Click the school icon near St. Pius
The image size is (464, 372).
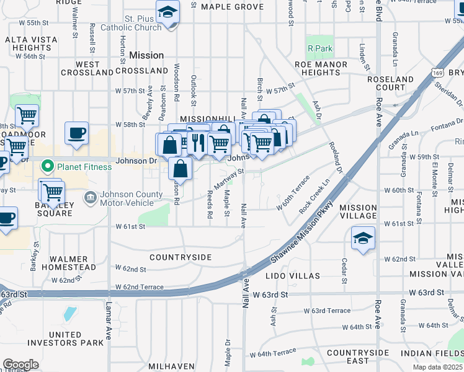(167, 13)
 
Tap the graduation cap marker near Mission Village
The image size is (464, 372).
(363, 239)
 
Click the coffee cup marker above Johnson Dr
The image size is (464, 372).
(77, 133)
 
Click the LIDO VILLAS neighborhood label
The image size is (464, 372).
(293, 275)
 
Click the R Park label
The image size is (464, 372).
(320, 48)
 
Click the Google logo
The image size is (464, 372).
(20, 364)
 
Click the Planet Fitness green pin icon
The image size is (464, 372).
(47, 166)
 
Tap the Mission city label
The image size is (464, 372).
(146, 55)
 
